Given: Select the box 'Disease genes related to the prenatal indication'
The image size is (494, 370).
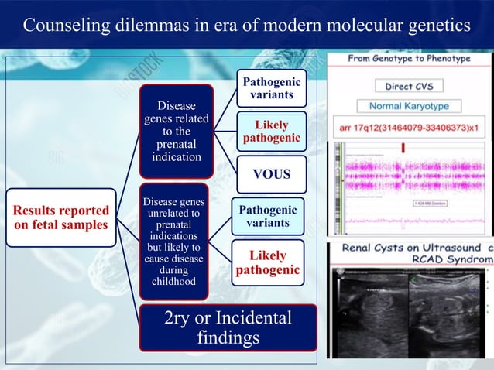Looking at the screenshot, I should (177, 131).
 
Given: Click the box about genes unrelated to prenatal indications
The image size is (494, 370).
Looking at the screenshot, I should (173, 242).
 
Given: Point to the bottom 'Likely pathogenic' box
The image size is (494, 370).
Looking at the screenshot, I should (267, 262).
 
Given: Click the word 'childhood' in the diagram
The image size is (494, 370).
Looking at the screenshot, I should (173, 282).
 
